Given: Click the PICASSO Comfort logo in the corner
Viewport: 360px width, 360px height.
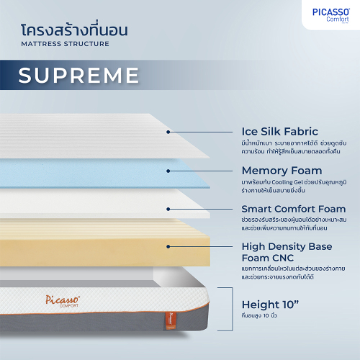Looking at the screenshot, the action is click(x=331, y=15).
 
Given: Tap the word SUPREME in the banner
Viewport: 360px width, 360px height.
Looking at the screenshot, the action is click(x=78, y=76).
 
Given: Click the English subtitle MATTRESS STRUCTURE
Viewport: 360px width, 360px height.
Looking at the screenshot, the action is click(x=65, y=44).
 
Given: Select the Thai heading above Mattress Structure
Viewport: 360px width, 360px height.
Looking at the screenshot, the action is click(x=74, y=30).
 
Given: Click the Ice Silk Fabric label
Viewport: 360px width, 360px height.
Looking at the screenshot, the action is click(x=280, y=132).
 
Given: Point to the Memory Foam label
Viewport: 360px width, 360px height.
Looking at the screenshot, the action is click(x=282, y=171).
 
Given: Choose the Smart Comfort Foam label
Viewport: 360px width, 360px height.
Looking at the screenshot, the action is click(x=294, y=209).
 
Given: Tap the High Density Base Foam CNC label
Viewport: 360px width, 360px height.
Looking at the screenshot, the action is click(x=287, y=252).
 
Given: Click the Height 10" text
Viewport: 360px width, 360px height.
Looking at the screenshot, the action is click(x=271, y=305).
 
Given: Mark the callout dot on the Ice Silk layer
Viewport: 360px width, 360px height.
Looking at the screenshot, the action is click(x=168, y=132).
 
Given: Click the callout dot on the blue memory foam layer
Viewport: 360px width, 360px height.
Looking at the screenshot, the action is click(x=168, y=171).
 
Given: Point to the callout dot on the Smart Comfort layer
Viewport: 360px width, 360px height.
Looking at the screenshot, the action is click(x=168, y=210).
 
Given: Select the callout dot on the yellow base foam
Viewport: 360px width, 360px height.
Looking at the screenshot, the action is click(x=168, y=246).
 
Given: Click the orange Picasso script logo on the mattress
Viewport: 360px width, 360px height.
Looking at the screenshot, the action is click(x=63, y=301).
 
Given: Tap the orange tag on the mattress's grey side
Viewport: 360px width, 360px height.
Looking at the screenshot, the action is click(x=171, y=320).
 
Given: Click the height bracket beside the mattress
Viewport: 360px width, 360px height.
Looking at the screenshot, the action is click(x=232, y=309).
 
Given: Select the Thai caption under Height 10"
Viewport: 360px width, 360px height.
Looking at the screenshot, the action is click(x=259, y=315).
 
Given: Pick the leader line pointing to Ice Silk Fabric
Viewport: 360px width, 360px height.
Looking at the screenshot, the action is click(x=201, y=132).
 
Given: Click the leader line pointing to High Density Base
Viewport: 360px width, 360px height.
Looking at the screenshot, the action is click(x=201, y=246).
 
